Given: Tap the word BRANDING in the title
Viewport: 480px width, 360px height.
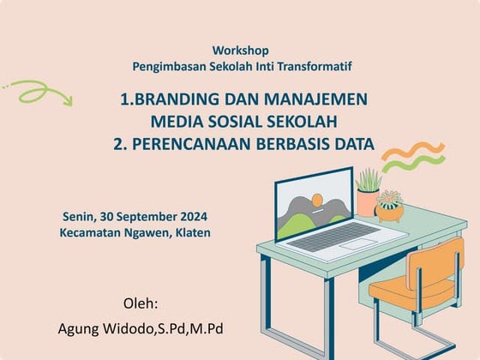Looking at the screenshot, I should pyautogui.click(x=171, y=99).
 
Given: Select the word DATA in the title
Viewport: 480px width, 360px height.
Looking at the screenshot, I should pyautogui.click(x=351, y=144).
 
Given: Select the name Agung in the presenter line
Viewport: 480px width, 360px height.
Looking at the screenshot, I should pyautogui.click(x=79, y=328).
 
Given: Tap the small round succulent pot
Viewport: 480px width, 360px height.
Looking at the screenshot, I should pyautogui.click(x=390, y=208).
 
